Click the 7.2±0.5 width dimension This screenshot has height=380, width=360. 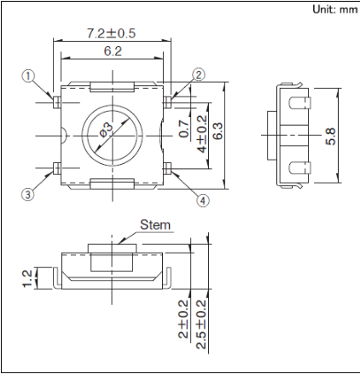[111, 33]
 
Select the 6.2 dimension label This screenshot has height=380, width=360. [113, 51]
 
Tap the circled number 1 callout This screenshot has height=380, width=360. [28, 76]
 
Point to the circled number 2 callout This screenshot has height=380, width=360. [199, 74]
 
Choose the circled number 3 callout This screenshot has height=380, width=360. [27, 195]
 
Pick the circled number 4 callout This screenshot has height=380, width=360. [202, 201]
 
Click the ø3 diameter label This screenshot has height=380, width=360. [107, 130]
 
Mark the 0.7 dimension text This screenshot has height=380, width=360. [184, 129]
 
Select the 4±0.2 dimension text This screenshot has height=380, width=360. [202, 134]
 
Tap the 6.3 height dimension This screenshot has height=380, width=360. [218, 131]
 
